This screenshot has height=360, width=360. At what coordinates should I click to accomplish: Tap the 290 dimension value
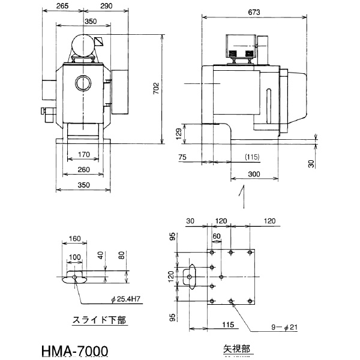pyautogui.click(x=107, y=7)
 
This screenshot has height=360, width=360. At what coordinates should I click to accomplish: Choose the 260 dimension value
pyautogui.click(x=83, y=169)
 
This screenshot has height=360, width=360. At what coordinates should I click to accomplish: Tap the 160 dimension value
pyautogui.click(x=74, y=238)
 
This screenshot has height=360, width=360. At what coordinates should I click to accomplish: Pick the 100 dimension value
pyautogui.click(x=74, y=257)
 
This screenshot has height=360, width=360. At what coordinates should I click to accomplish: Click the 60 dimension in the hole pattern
pyautogui.click(x=217, y=235)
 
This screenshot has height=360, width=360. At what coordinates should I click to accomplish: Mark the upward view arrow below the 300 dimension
pyautogui.click(x=242, y=195)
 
